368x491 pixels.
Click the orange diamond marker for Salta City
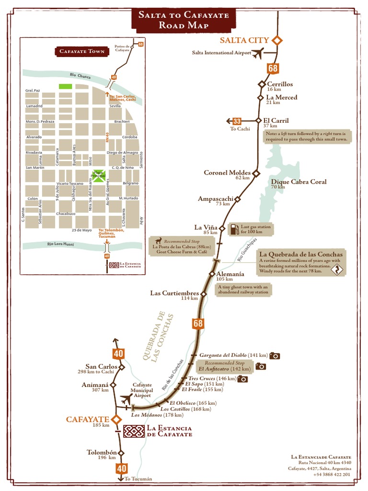(277, 40)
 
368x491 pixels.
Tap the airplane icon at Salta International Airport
(258, 53)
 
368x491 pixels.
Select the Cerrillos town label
(280, 84)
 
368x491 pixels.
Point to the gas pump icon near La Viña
(234, 229)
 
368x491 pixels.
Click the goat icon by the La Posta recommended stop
(158, 241)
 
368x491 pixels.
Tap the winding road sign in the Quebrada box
(337, 270)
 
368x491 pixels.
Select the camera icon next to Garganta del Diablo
(275, 355)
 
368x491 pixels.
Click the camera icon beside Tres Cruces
(243, 379)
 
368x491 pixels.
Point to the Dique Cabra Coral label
(299, 182)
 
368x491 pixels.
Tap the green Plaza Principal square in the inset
(98, 176)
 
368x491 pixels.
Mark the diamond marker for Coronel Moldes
(256, 173)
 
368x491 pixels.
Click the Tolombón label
(102, 452)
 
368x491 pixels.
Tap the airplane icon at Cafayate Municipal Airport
(127, 399)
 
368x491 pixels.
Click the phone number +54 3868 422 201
(332, 474)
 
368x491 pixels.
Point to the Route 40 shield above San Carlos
(119, 354)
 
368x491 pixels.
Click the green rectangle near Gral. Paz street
(65, 86)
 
